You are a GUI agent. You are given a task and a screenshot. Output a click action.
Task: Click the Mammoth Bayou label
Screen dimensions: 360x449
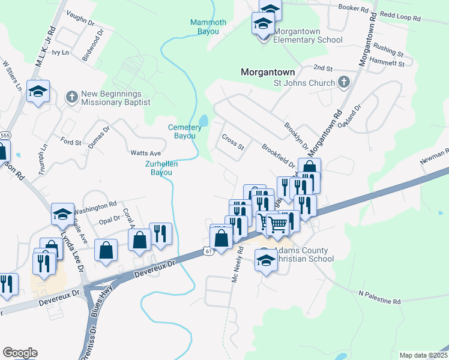pyautogui.click(x=208, y=27)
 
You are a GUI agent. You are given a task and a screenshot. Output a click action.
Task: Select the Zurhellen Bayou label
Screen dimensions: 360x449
pyautogui.click(x=159, y=168)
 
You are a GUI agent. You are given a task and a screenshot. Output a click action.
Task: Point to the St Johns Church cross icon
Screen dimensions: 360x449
pyautogui.click(x=343, y=82)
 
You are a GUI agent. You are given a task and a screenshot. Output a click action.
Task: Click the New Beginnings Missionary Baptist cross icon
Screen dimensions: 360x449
pyautogui.click(x=71, y=97)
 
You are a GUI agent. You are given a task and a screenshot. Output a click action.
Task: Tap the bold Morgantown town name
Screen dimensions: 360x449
pyautogui.click(x=268, y=71)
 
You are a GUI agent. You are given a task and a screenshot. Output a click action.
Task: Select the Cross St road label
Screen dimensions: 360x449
pyautogui.click(x=233, y=143)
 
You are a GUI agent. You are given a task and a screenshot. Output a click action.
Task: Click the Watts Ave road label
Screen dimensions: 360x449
pyautogui.click(x=146, y=154)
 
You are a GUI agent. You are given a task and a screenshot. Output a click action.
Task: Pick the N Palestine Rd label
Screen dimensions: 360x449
pyautogui.click(x=379, y=298)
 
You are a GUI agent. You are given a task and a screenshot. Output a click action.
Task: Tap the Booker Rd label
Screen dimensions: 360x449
pyautogui.click(x=353, y=8)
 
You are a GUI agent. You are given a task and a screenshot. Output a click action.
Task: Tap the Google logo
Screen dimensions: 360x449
pyautogui.click(x=20, y=353)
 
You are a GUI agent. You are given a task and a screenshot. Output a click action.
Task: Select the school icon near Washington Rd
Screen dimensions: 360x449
pyautogui.click(x=63, y=214)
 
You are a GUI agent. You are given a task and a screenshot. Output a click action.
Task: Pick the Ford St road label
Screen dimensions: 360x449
pyautogui.click(x=70, y=142)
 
